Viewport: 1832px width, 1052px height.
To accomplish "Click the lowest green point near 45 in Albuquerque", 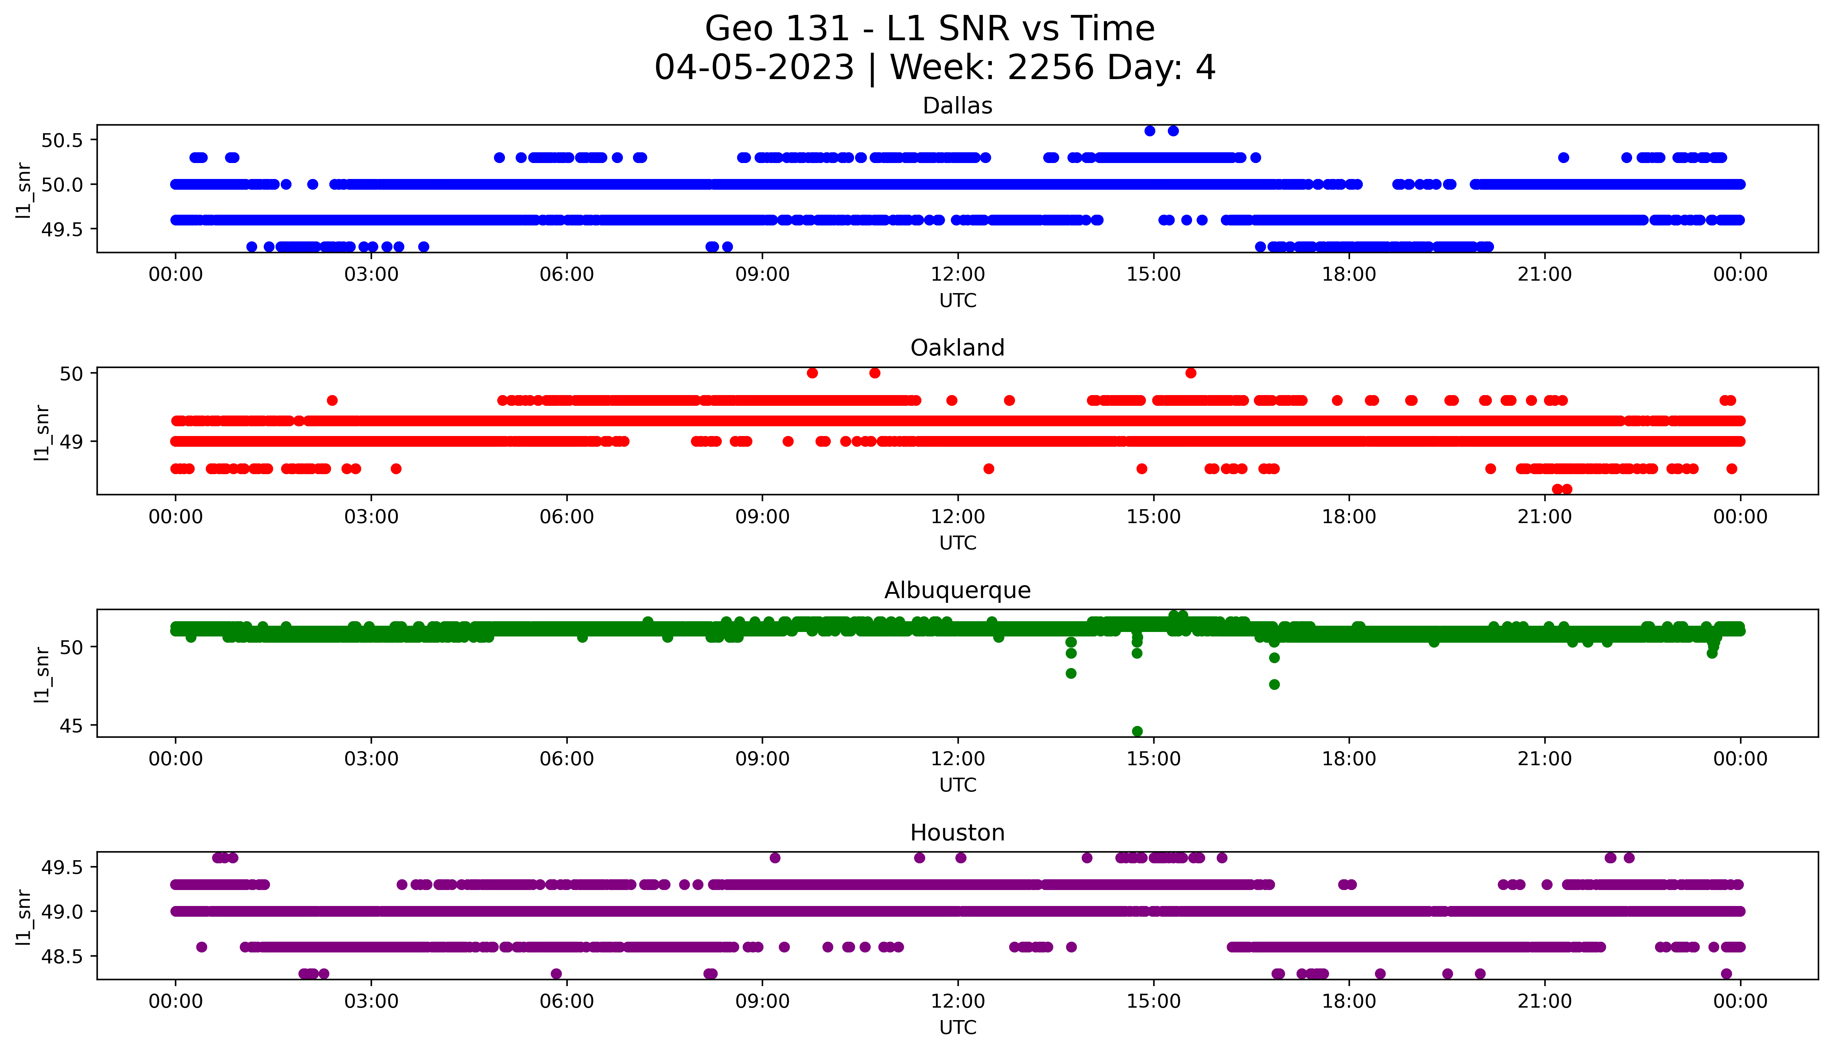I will [x=1137, y=731].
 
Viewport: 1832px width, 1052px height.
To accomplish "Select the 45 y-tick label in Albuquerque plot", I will [x=71, y=725].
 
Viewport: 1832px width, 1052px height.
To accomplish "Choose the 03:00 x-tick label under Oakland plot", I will [x=371, y=516].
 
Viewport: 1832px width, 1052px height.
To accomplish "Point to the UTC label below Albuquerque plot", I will [x=957, y=785].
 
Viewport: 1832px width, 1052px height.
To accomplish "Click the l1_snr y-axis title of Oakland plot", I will [x=42, y=432].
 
